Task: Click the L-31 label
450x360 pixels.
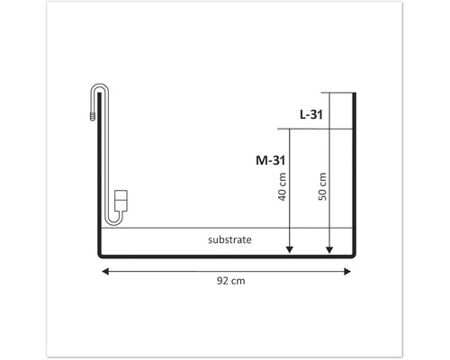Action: [311, 114]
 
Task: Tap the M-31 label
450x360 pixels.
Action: [270, 160]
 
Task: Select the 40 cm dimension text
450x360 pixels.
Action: [282, 186]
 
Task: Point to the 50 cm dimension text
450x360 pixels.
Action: [322, 186]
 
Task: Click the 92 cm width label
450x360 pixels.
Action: [231, 281]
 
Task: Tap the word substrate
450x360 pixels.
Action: [229, 239]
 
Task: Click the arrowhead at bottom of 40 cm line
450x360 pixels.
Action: [290, 249]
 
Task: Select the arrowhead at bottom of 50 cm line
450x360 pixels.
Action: [329, 249]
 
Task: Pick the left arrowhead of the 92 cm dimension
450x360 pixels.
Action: [105, 272]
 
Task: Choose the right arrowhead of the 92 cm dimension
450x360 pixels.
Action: [347, 272]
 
